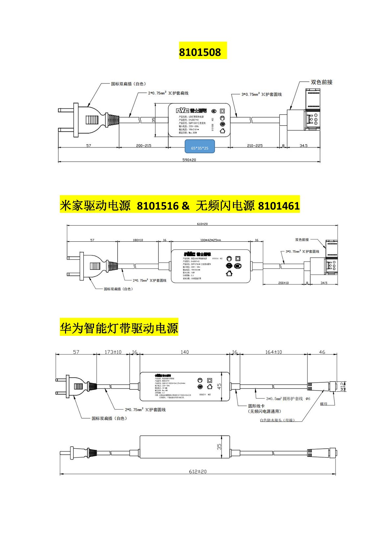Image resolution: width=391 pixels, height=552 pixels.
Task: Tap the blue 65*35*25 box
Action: (x=199, y=148)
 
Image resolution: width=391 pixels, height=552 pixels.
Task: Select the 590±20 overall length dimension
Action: (x=189, y=160)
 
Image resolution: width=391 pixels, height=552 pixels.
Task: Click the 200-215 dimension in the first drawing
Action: (x=144, y=145)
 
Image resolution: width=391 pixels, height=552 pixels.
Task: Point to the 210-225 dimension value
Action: (x=255, y=145)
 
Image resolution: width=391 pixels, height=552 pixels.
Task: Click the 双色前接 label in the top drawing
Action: (x=321, y=82)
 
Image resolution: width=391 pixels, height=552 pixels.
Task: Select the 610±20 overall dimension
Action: (x=202, y=224)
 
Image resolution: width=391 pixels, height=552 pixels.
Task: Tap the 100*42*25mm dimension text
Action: (x=211, y=240)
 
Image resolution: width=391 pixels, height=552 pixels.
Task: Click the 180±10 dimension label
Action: (x=138, y=240)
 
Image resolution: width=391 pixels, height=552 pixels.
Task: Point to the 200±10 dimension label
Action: (x=283, y=283)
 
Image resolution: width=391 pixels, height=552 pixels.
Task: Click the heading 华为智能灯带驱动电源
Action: (x=119, y=328)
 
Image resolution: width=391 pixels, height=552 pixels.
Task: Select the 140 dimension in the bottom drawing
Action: (x=185, y=352)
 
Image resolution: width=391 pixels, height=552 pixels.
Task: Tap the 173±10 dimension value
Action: (x=113, y=352)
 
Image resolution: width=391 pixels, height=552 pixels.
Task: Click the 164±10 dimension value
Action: (x=273, y=352)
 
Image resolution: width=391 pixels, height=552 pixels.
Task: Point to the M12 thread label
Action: (x=342, y=386)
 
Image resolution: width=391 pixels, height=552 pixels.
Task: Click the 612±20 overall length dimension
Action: (x=198, y=471)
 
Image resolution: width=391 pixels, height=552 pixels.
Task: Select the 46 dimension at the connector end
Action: (x=322, y=352)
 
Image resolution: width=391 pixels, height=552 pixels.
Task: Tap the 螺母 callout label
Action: (x=324, y=404)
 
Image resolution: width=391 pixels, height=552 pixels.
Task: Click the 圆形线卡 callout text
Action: (x=256, y=406)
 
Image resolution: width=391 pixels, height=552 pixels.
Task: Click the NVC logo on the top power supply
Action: (x=182, y=111)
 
